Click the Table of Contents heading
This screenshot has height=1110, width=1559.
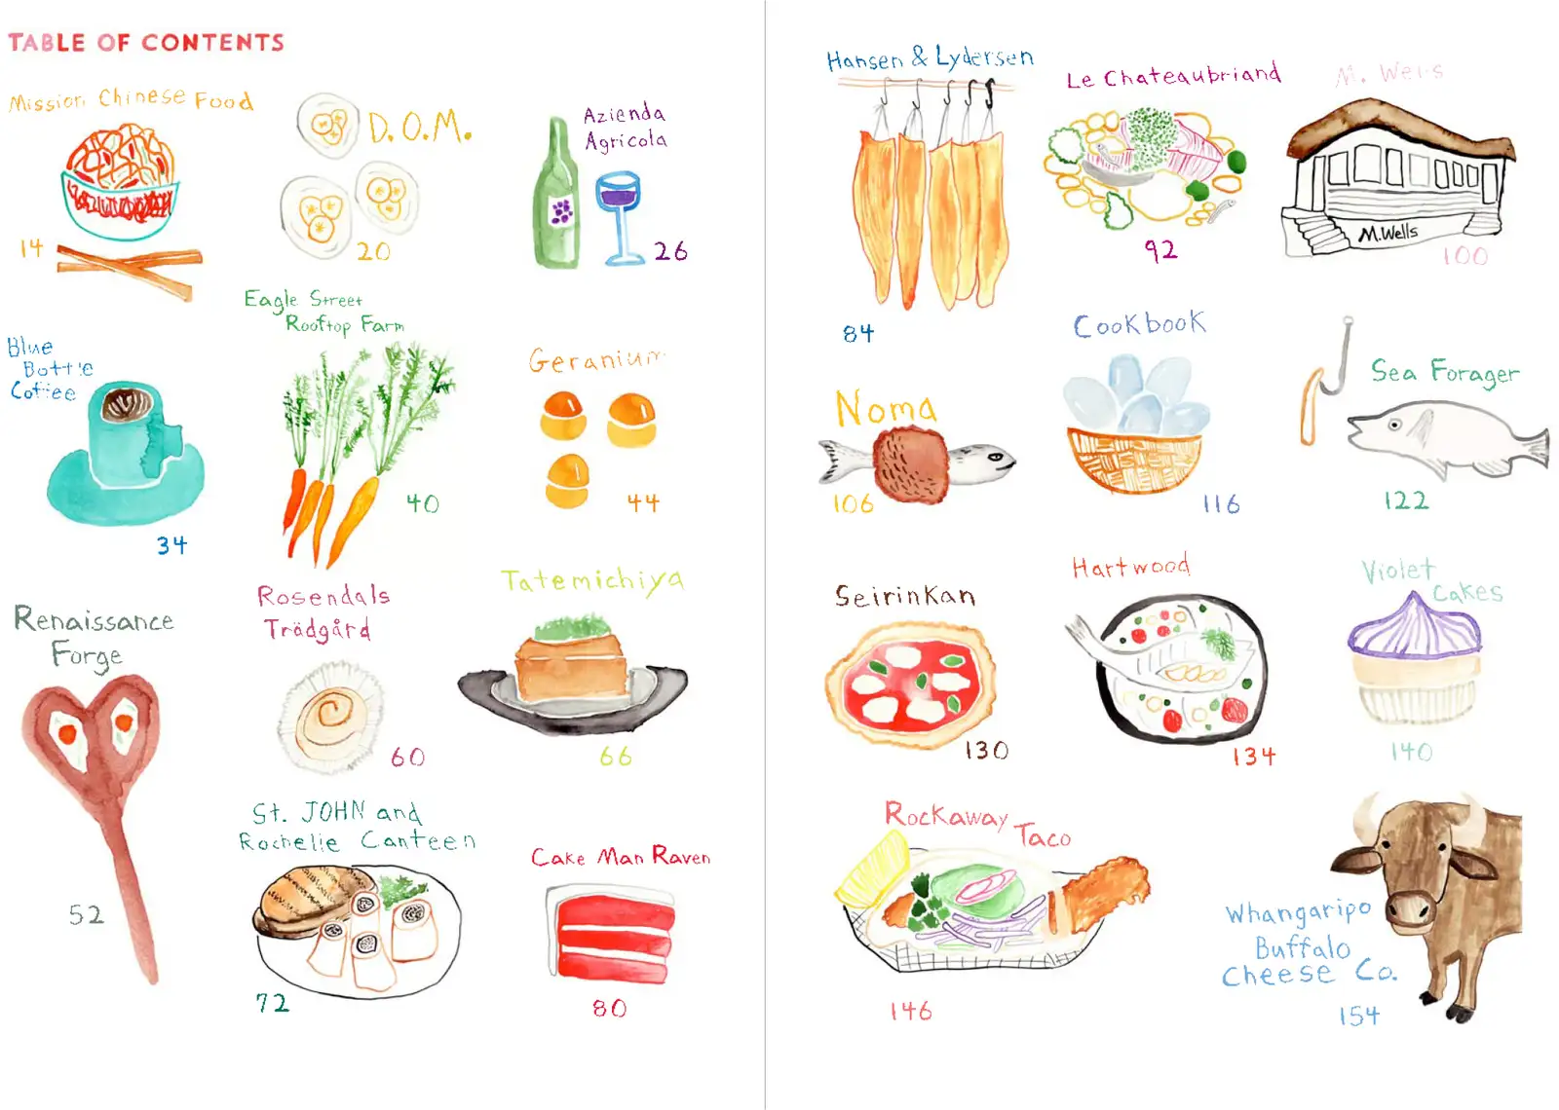pyautogui.click(x=146, y=43)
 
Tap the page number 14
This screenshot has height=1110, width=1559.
pyautogui.click(x=31, y=248)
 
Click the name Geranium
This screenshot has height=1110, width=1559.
pyautogui.click(x=594, y=360)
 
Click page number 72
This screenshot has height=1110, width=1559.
pyautogui.click(x=272, y=1003)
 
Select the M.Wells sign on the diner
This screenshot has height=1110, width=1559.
pyautogui.click(x=1388, y=233)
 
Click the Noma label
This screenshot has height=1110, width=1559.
pyautogui.click(x=885, y=409)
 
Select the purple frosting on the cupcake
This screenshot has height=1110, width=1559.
pyautogui.click(x=1415, y=628)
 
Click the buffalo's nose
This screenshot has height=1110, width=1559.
pyautogui.click(x=1408, y=910)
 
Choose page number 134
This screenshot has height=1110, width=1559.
pyautogui.click(x=1253, y=757)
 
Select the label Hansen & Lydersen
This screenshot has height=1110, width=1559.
pyautogui.click(x=929, y=58)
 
